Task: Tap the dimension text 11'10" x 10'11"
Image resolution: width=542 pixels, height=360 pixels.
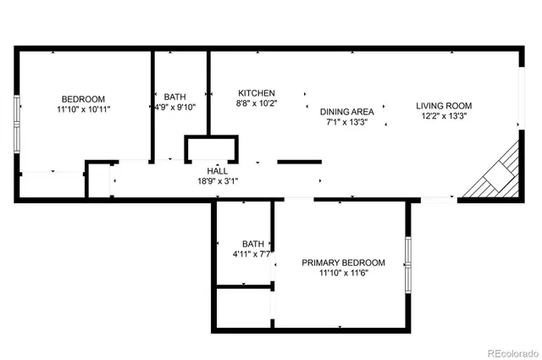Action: (x=84, y=109)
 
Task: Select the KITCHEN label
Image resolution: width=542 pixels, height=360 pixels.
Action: (x=257, y=93)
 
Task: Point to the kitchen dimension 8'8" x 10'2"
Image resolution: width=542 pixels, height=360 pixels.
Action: (x=257, y=103)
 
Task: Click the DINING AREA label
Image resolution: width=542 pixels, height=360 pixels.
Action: (x=347, y=111)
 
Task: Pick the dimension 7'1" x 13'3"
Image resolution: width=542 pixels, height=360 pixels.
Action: (x=347, y=121)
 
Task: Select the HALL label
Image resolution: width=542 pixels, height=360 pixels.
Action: (x=218, y=171)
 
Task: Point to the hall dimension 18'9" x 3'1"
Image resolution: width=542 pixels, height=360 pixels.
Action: (x=218, y=180)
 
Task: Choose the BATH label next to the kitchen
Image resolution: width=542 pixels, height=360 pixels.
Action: (x=174, y=97)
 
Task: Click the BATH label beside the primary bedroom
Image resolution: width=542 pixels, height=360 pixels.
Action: (x=253, y=244)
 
